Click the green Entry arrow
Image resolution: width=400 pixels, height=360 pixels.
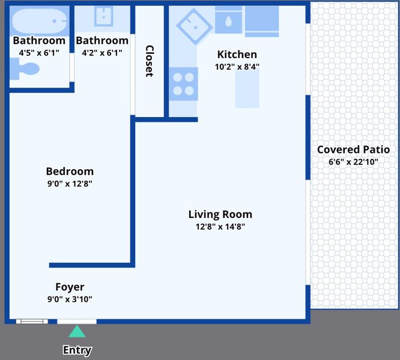point(77,331)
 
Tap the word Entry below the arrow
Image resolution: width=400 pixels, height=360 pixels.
point(77,350)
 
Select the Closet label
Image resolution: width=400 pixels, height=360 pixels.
point(150,61)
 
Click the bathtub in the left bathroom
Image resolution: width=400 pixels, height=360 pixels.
point(40,21)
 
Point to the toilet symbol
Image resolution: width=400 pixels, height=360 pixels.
point(25,69)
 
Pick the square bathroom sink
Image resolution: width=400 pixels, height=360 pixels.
point(103,16)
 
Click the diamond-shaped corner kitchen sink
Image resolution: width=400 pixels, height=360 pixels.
point(195,26)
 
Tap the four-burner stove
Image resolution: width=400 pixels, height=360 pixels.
point(183,84)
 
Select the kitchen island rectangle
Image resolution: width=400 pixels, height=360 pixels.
point(247,89)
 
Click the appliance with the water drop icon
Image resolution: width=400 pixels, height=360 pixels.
point(229,22)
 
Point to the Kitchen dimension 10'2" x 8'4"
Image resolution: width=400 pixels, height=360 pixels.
point(237,67)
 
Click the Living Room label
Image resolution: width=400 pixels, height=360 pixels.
point(220,214)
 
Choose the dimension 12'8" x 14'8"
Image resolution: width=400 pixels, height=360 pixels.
point(220,226)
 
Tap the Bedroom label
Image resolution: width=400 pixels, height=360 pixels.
point(70,171)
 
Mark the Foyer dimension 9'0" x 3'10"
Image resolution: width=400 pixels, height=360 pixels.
point(70,299)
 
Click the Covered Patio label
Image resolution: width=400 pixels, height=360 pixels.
point(353,149)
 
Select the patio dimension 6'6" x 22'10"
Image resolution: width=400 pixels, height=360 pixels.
point(353,162)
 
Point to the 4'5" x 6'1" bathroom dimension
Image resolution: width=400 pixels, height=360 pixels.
point(39,53)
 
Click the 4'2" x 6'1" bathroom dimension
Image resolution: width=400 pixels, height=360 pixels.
point(102,53)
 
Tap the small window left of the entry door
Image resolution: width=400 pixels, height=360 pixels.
point(32,321)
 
